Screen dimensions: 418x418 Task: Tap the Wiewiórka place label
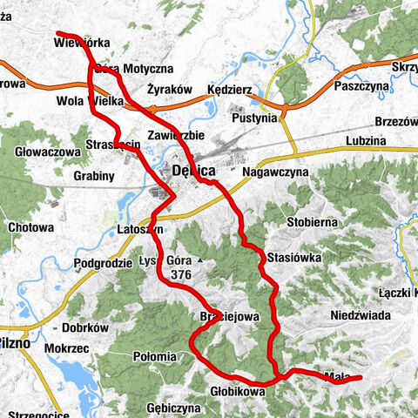tap(81, 41)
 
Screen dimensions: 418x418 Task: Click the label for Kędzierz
tap(229, 90)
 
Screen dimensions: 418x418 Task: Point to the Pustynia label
tap(253, 117)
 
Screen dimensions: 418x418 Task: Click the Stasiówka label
tap(295, 258)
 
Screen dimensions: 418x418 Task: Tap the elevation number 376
tap(181, 274)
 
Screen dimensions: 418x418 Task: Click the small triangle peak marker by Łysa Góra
tap(199, 260)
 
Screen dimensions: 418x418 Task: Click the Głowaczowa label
tap(48, 152)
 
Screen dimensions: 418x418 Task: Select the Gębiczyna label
tap(174, 408)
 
